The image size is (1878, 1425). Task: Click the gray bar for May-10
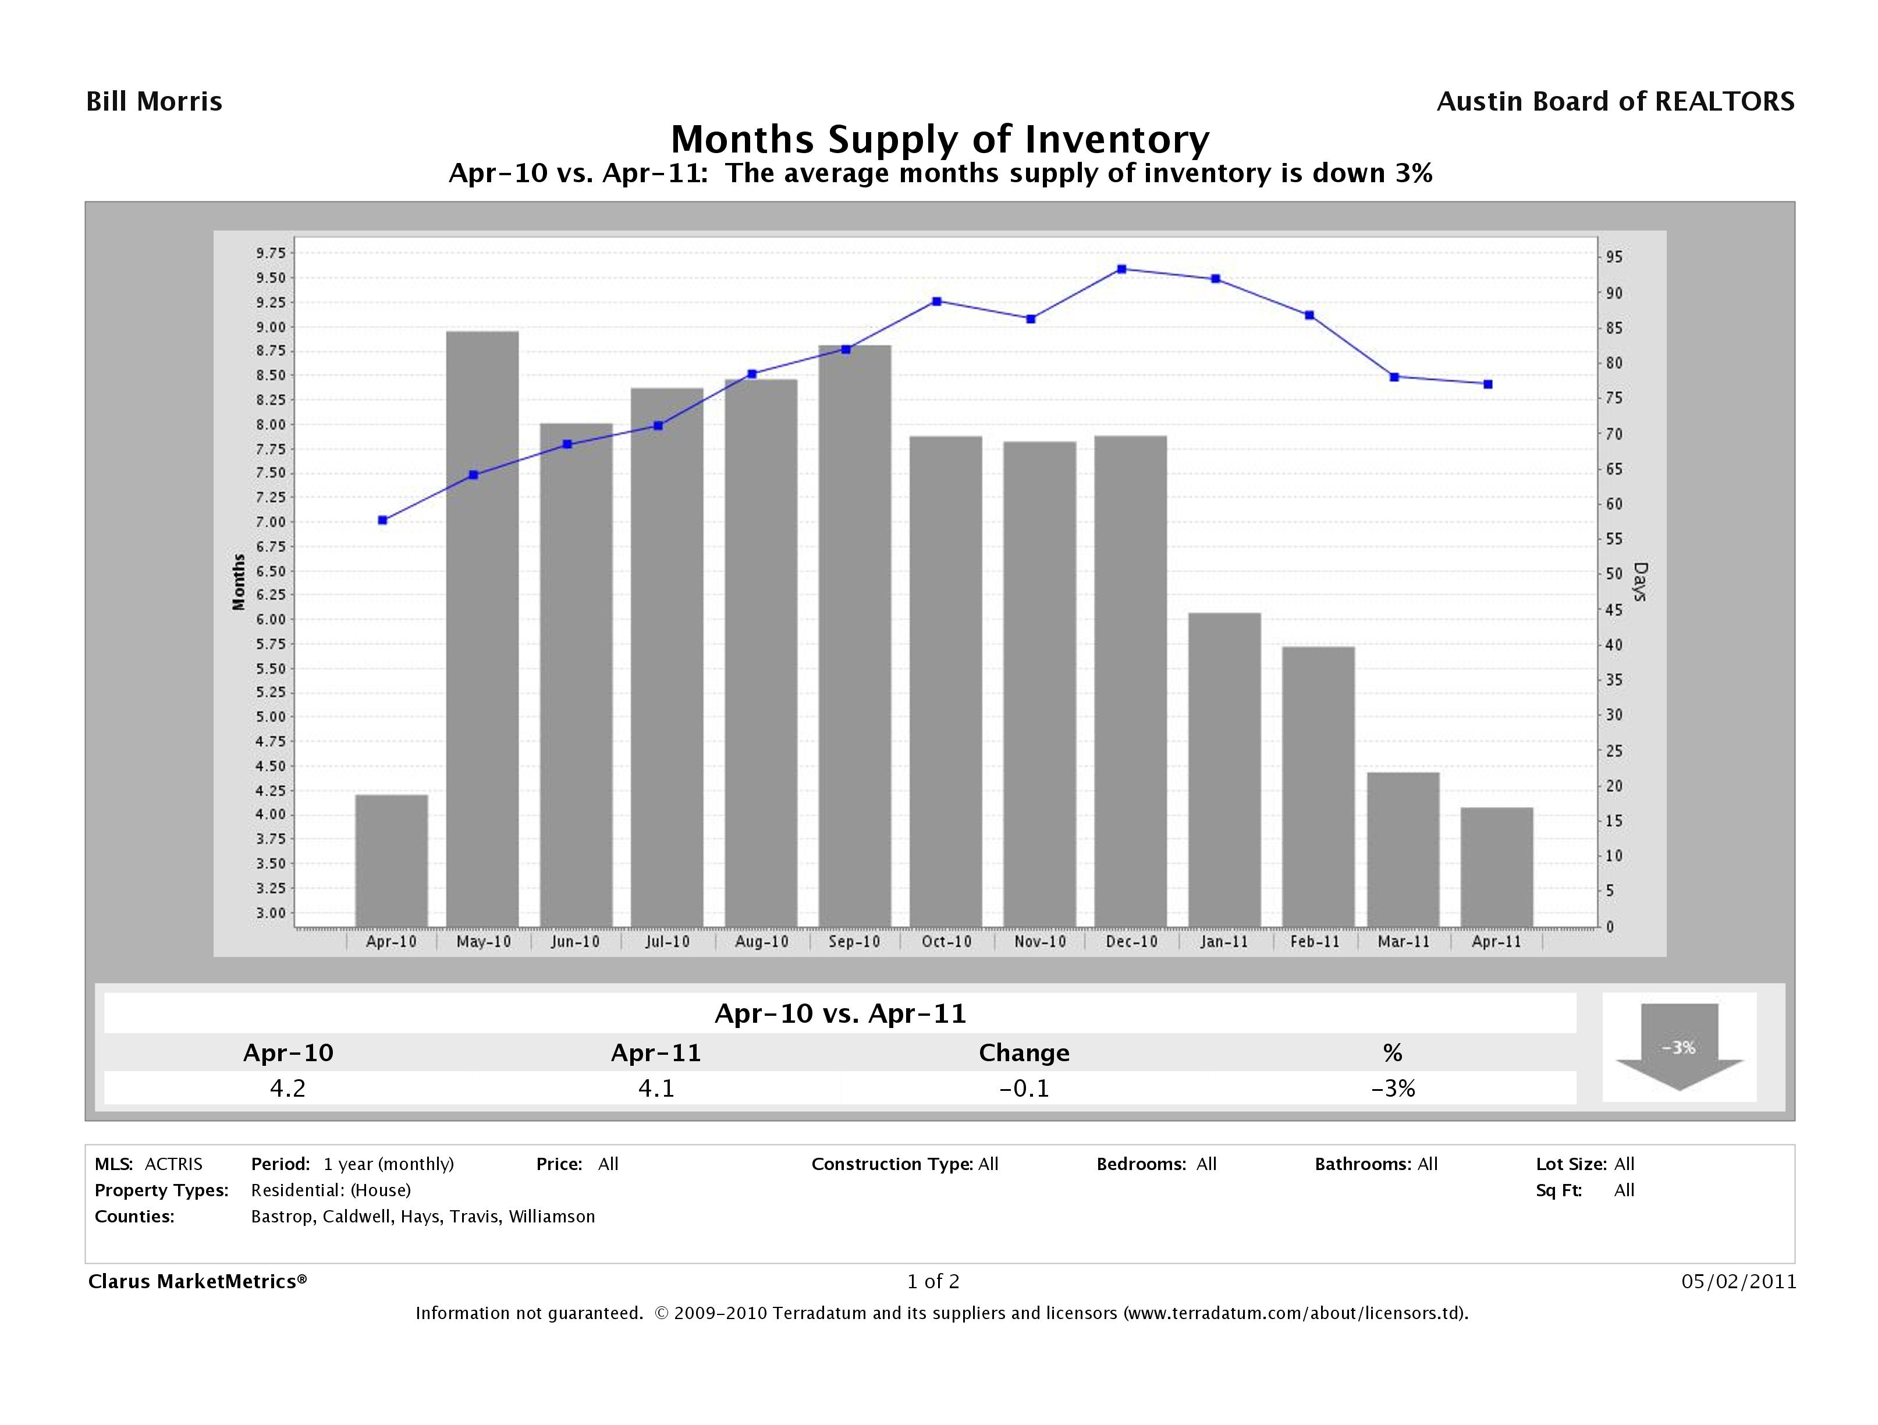pyautogui.click(x=482, y=629)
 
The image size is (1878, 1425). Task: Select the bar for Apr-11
pyautogui.click(x=1497, y=866)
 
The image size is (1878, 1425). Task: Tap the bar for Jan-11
pyautogui.click(x=1224, y=768)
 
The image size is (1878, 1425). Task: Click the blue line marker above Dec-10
pyautogui.click(x=1121, y=269)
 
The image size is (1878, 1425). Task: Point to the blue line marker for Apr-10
pyautogui.click(x=383, y=520)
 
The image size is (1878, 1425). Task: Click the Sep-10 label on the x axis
pyautogui.click(x=854, y=942)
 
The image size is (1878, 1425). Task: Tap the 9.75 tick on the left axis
pyautogui.click(x=270, y=253)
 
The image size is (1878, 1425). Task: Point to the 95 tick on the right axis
pyautogui.click(x=1613, y=257)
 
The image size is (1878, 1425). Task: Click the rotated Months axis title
pyautogui.click(x=239, y=582)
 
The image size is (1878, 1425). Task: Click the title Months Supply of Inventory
pyautogui.click(x=939, y=139)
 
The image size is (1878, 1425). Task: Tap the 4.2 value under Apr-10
pyautogui.click(x=288, y=1088)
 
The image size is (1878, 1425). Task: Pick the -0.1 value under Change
pyautogui.click(x=1024, y=1088)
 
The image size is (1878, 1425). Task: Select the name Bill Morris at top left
pyautogui.click(x=155, y=102)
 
